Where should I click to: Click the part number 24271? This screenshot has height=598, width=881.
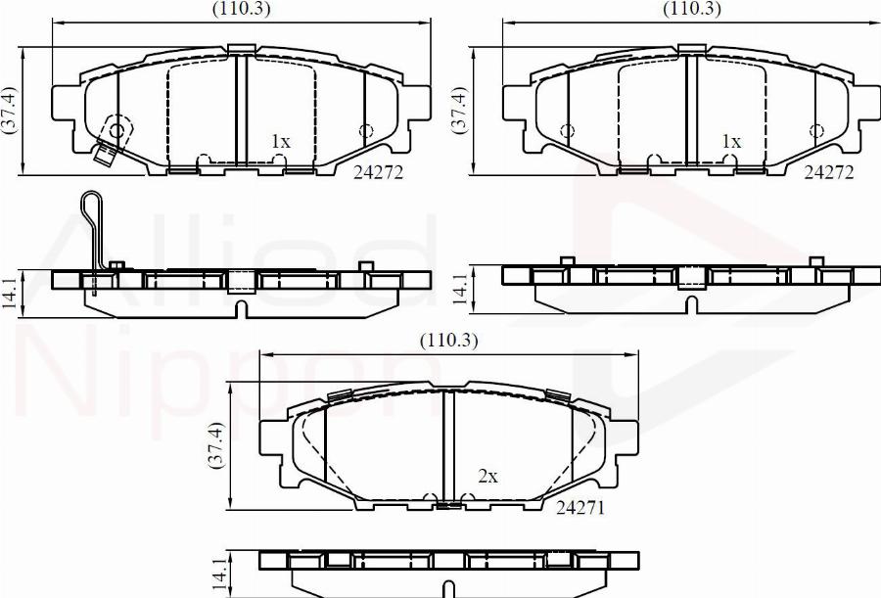tap(581, 508)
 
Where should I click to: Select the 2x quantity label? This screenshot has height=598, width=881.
tap(487, 477)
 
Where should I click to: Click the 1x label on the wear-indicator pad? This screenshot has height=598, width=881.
tap(281, 142)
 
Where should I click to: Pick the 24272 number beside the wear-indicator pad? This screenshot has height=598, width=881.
tap(378, 172)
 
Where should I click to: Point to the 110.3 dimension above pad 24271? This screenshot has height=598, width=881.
tap(449, 342)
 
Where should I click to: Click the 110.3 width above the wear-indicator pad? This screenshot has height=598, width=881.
tap(242, 9)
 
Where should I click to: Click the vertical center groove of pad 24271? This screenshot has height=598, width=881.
tap(445, 445)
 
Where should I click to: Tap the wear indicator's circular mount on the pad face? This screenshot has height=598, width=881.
tap(117, 129)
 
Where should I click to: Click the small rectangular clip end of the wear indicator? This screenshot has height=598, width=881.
tap(102, 155)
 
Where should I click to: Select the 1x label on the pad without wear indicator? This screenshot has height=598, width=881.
tap(731, 142)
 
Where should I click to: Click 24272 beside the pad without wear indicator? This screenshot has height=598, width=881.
tap(828, 172)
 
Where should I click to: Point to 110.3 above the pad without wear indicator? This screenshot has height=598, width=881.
tap(692, 9)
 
